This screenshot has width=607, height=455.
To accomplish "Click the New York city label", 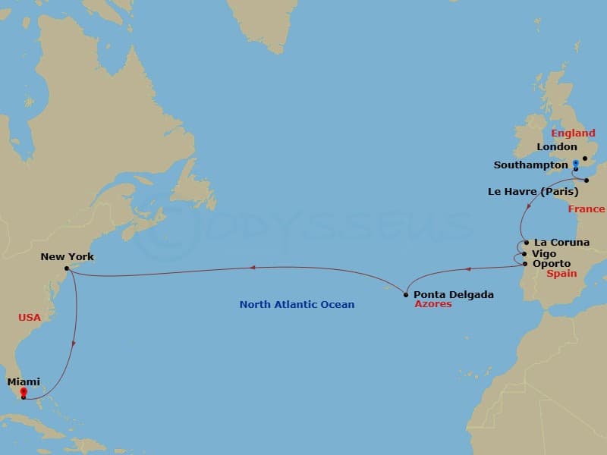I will pos(67,256).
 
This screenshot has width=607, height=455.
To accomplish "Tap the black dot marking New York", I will pos(68,268).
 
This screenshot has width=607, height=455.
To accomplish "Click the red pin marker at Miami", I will pos(24,391).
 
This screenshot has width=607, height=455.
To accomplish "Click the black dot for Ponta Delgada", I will pos(407,294).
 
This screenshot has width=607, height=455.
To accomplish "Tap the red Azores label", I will pos(432,304).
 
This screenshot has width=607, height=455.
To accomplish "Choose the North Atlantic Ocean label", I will pos(297,304).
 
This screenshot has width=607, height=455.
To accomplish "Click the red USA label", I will pos(29,317).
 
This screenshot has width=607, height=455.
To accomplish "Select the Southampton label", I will pos(530,165).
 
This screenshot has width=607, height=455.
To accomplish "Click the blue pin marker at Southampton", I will pos(576,163).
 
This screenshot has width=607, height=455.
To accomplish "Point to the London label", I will pos(556,147).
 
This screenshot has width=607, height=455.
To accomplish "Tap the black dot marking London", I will pos(585,158).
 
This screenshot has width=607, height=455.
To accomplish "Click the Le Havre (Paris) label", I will pos(533,192).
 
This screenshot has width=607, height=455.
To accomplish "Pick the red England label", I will pos(573,133).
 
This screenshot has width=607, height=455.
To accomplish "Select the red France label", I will pos(587,209).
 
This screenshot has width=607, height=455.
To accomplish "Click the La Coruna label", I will pos(561,243).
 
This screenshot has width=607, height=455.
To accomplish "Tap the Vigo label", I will pos(544,253).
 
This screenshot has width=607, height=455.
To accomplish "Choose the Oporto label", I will pos(552,263).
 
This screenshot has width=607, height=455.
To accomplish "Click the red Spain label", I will pos(562,274).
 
